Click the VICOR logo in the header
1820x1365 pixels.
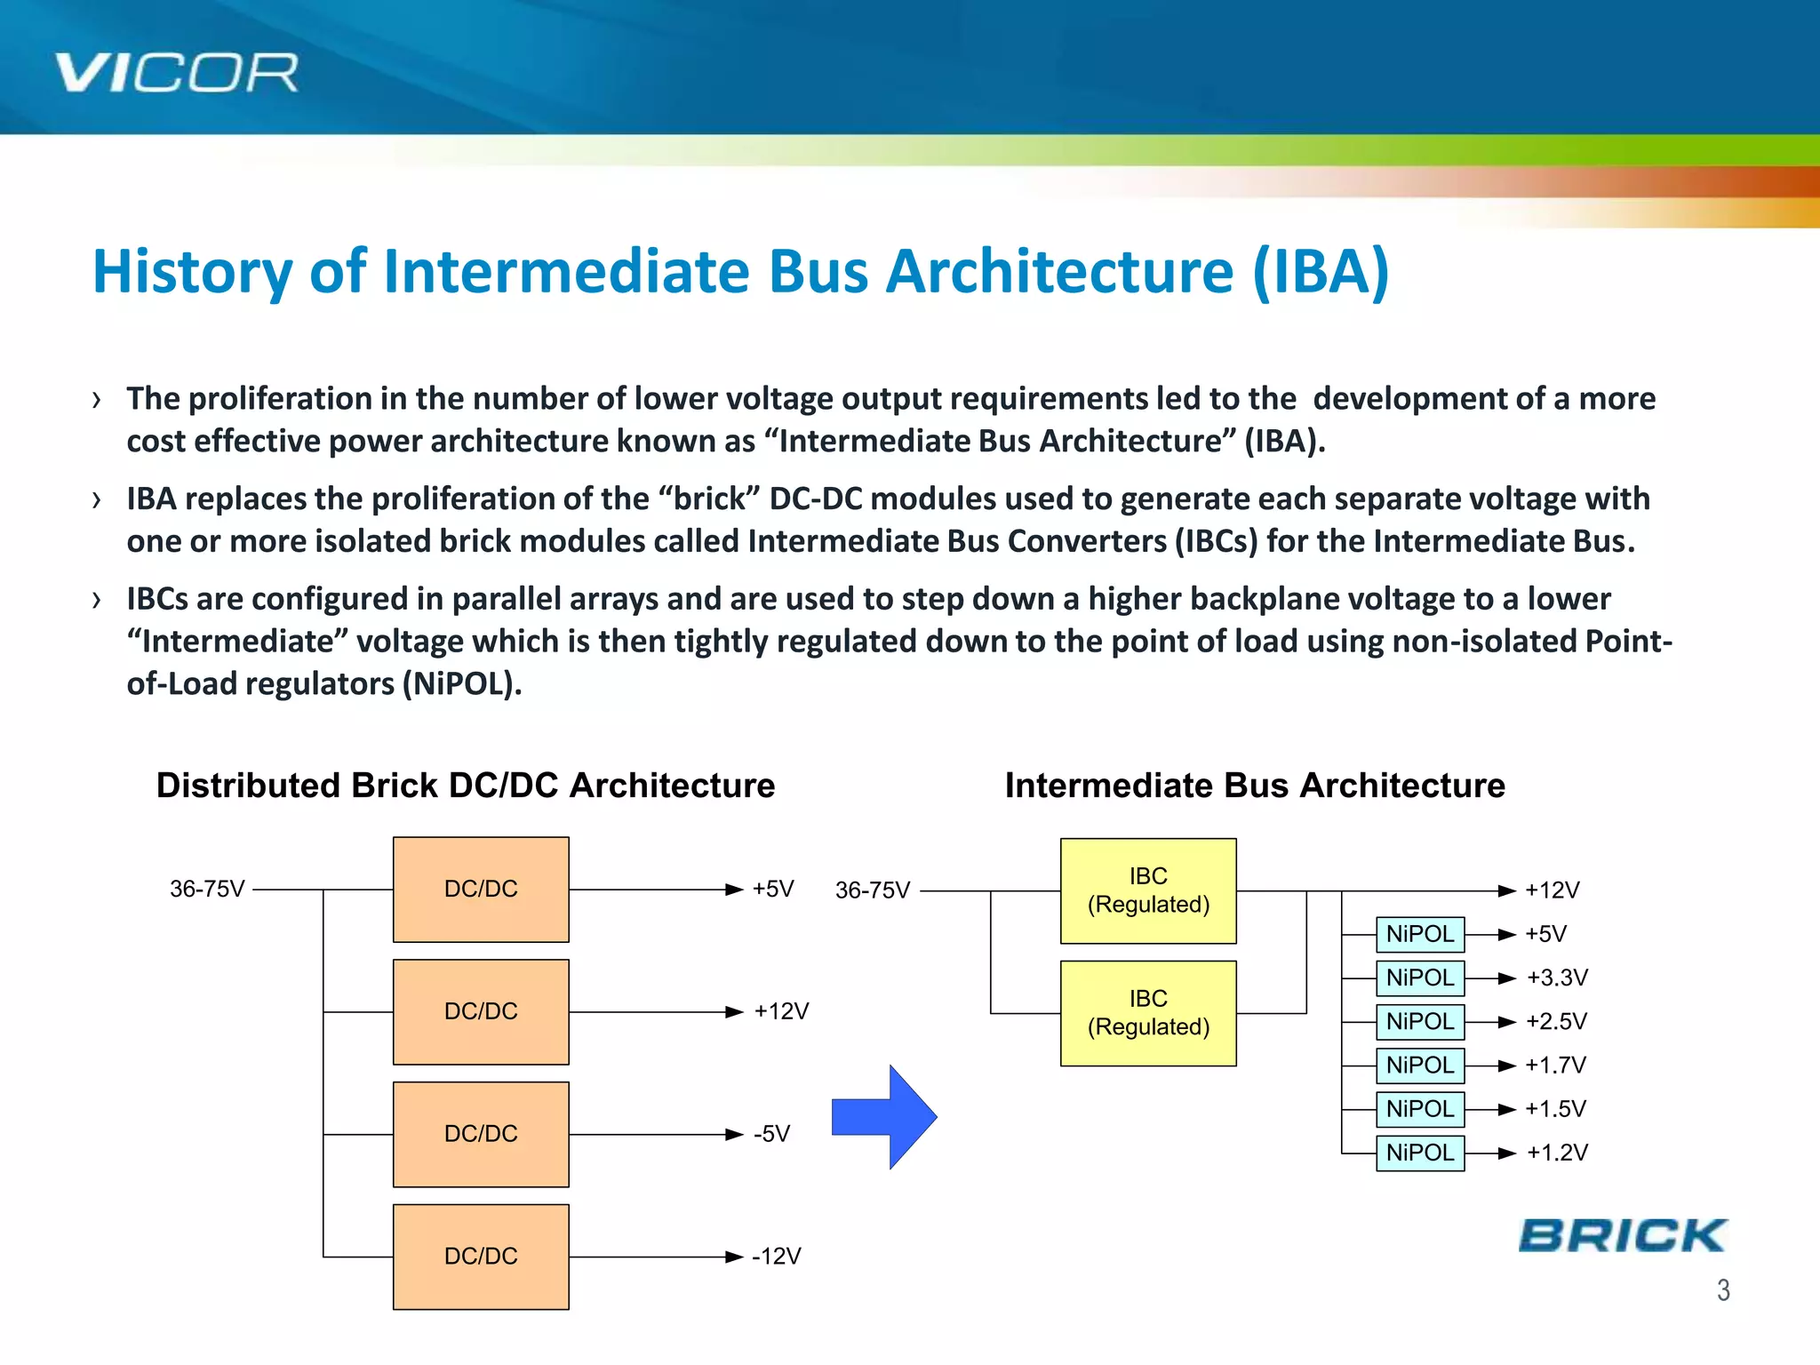[x=176, y=73]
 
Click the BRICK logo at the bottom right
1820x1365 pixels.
[x=1622, y=1236]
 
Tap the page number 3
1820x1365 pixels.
[x=1723, y=1289]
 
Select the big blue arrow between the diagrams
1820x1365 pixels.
[x=883, y=1117]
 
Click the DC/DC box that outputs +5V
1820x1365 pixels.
[x=481, y=890]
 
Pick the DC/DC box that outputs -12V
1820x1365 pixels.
[x=481, y=1257]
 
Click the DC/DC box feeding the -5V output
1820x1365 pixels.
[x=481, y=1134]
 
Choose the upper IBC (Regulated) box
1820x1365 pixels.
[x=1148, y=890]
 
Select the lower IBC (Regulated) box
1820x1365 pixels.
[x=1148, y=1013]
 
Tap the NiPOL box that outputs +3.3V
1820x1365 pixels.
[x=1419, y=978]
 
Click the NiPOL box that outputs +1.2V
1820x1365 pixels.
[x=1419, y=1153]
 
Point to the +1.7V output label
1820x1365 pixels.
[x=1555, y=1065]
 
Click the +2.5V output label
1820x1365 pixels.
[x=1556, y=1021]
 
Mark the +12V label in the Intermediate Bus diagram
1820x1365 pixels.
[x=1552, y=890]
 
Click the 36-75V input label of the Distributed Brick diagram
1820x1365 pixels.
[x=207, y=889]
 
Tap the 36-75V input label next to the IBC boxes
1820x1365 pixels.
[x=873, y=890]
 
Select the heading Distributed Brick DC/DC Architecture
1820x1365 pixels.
[x=466, y=786]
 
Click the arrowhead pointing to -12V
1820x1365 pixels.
[x=734, y=1257]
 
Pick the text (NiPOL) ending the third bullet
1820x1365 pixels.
[x=460, y=683]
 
